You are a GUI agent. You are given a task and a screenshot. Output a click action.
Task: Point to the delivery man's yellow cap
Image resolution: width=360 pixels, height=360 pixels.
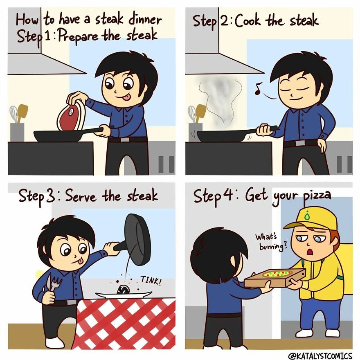tap(311, 217)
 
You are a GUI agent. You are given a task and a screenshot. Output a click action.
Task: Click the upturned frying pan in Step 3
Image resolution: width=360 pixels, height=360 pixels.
tap(137, 239)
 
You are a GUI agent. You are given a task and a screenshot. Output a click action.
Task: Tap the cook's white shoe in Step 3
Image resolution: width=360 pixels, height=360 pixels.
tap(55, 342)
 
